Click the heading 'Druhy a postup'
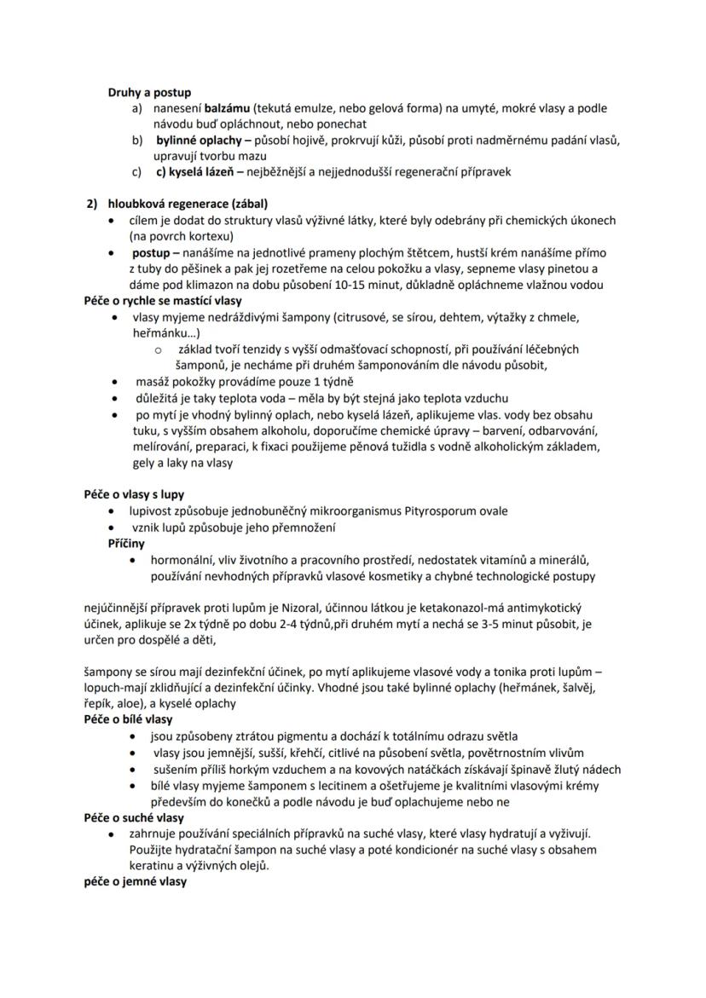click(149, 92)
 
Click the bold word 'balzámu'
click(228, 108)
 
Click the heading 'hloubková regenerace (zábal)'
click(187, 204)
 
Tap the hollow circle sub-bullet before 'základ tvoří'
click(158, 349)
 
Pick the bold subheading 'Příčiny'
click(126, 543)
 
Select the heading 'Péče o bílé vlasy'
click(128, 720)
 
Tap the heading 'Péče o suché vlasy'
click(133, 817)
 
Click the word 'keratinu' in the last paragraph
click(153, 866)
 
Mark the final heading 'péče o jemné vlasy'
click(135, 882)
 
